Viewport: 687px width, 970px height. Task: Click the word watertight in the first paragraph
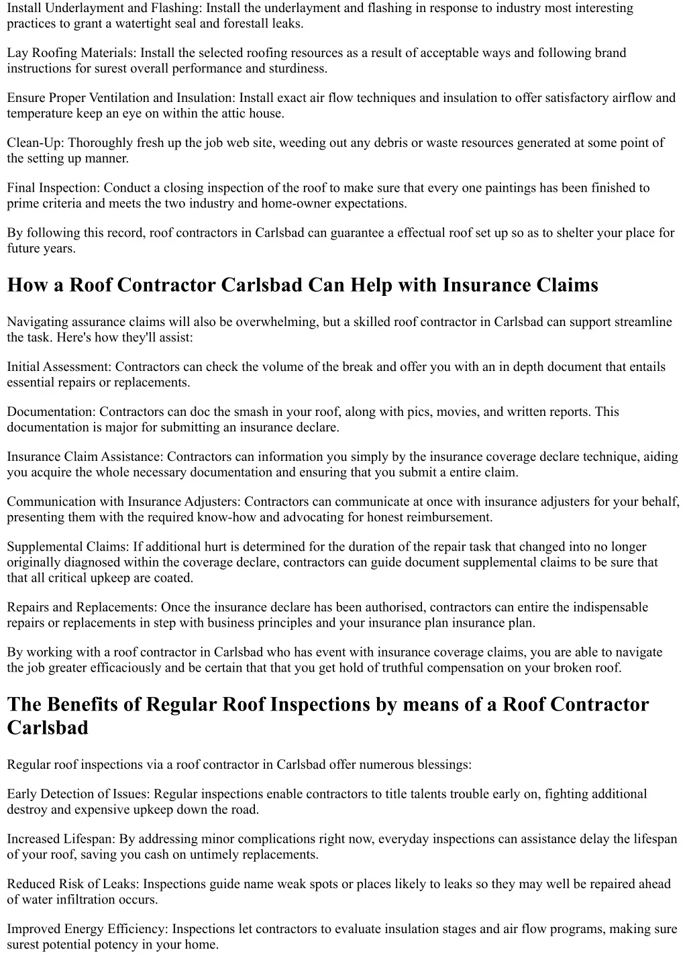[x=134, y=24]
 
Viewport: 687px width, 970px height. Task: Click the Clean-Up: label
[x=36, y=143]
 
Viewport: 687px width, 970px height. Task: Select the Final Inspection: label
[x=54, y=188]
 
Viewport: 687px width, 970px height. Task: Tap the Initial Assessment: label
[x=60, y=367]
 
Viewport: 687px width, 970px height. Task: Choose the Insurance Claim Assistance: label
[x=85, y=457]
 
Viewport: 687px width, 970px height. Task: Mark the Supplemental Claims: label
[x=68, y=547]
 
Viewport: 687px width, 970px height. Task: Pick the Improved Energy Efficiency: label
[x=88, y=929]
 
